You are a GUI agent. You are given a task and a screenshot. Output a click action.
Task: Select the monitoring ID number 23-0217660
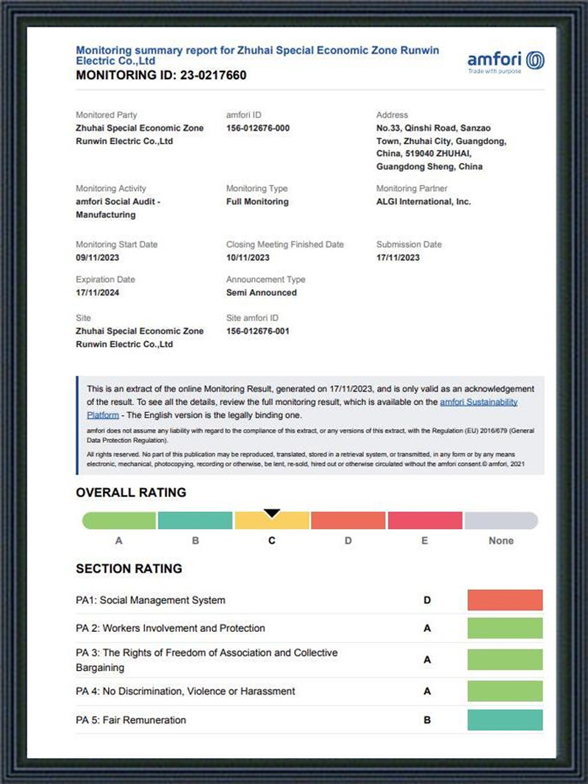click(x=213, y=76)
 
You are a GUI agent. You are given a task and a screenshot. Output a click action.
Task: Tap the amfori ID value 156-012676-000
click(x=258, y=128)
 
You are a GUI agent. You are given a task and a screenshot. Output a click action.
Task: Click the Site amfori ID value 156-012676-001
click(x=258, y=331)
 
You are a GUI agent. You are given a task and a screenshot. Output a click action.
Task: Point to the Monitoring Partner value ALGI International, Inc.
click(x=423, y=201)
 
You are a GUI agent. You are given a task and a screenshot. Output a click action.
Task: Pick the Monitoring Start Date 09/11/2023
click(x=98, y=257)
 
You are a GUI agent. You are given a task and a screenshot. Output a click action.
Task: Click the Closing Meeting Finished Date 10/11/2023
click(x=248, y=257)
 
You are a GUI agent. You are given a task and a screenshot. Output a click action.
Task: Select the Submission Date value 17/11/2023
click(x=398, y=257)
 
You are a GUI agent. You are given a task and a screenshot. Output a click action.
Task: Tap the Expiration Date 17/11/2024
click(x=98, y=292)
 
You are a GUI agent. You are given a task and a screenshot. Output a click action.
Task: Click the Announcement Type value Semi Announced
click(x=262, y=292)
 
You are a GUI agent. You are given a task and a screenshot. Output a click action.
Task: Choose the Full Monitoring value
click(x=257, y=201)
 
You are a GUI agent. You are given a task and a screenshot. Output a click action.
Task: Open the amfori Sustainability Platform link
click(x=478, y=402)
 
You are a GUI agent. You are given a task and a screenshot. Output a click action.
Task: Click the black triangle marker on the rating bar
click(x=272, y=513)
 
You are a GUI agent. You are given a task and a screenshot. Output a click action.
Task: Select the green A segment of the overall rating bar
click(x=119, y=521)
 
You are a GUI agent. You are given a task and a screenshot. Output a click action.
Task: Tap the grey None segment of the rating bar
click(x=501, y=521)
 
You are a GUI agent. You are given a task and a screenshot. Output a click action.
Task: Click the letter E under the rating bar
click(x=425, y=541)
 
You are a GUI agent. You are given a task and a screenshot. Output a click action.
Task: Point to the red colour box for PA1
click(x=505, y=600)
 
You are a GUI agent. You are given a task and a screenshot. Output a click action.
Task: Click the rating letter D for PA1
click(x=427, y=600)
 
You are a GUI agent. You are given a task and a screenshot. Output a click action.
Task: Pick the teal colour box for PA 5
click(x=505, y=720)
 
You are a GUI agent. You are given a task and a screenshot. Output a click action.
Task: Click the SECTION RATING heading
click(x=129, y=569)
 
